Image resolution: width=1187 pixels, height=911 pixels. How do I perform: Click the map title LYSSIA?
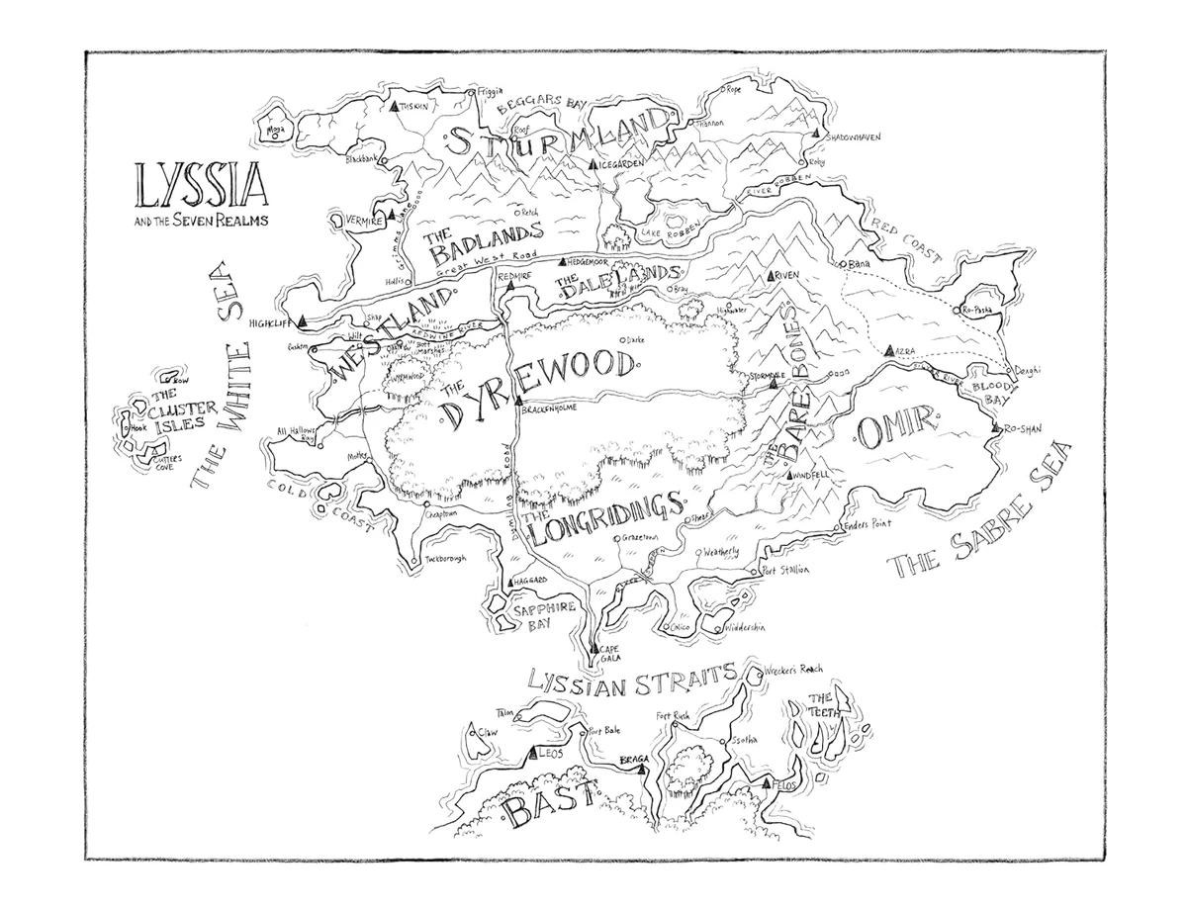click(196, 186)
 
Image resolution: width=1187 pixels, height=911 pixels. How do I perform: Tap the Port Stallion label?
click(787, 571)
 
